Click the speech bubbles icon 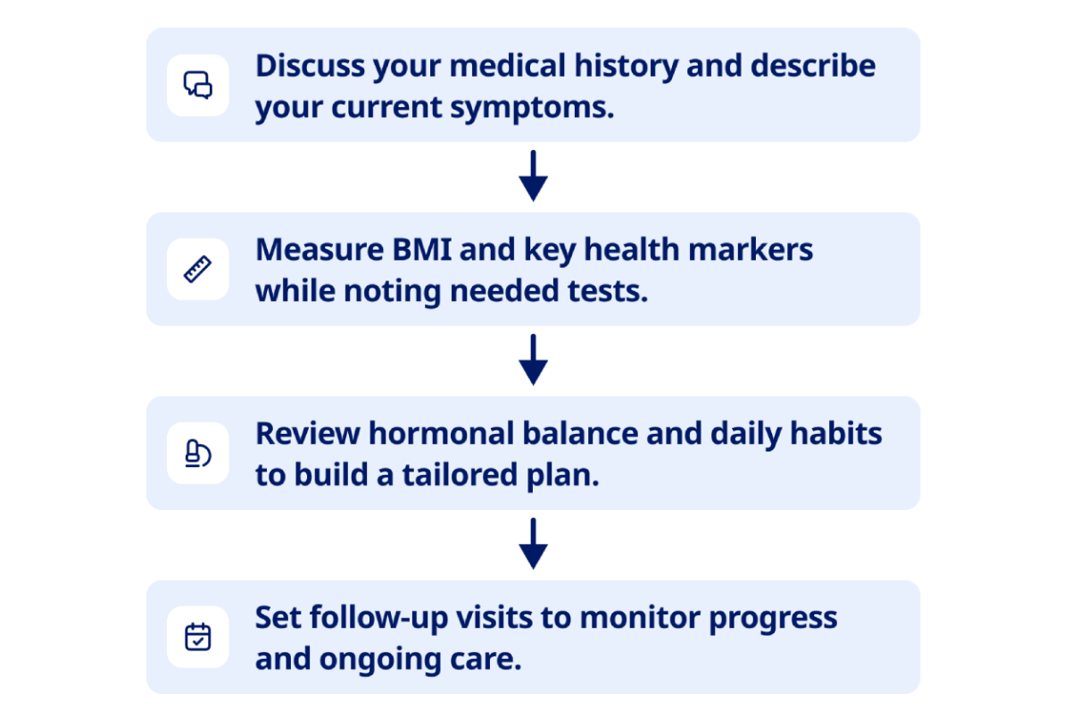pos(198,85)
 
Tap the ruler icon pos(198,270)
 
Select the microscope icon pos(198,453)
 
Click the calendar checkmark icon pos(198,637)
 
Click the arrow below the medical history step pos(533,176)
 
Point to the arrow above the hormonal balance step pos(533,360)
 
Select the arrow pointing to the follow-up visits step pos(533,543)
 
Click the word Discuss pos(310,65)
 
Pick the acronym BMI pos(421,250)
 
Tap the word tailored pos(460,474)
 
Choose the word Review pos(308,433)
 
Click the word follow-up pos(378,619)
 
